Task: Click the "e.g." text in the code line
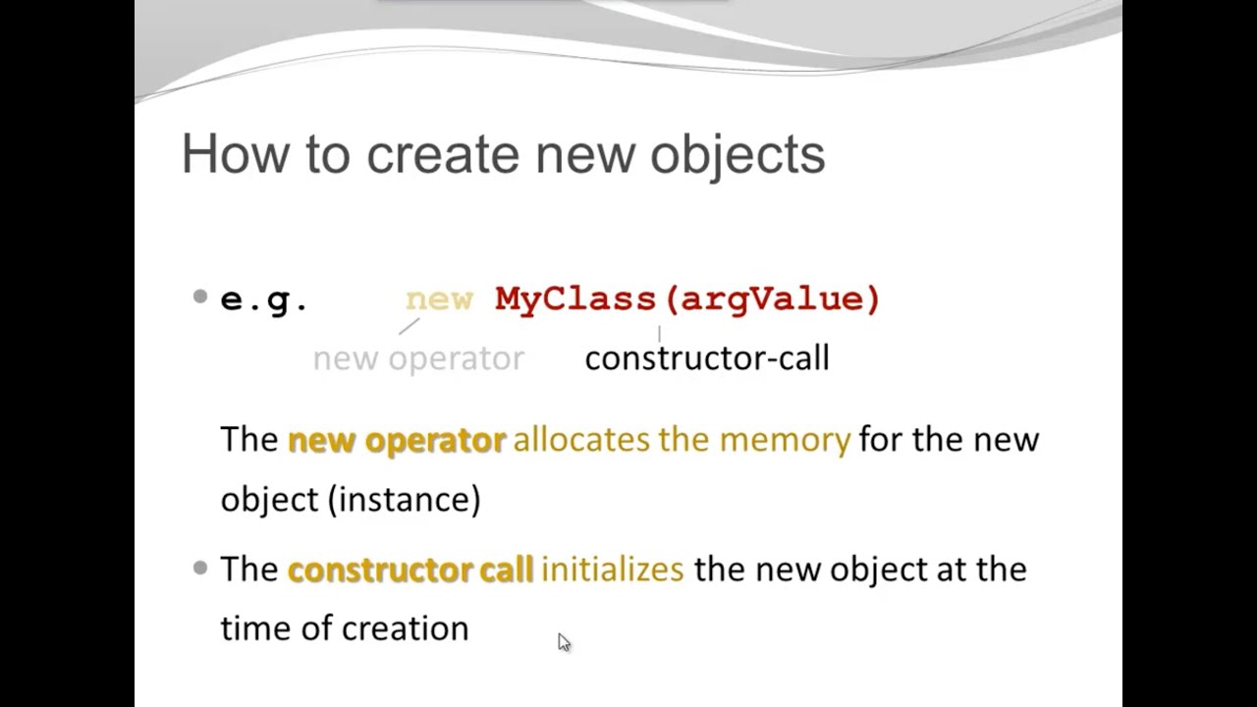[264, 299]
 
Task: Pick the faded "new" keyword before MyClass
[439, 299]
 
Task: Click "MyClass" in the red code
[575, 299]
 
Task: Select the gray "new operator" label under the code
[418, 358]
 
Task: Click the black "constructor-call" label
[707, 358]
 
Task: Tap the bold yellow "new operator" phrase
[397, 440]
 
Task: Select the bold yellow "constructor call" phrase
[410, 570]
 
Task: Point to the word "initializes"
[613, 570]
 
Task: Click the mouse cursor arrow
[563, 641]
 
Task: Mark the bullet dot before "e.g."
[200, 297]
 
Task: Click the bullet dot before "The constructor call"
[200, 568]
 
